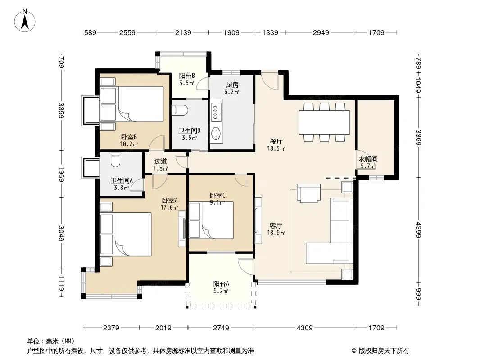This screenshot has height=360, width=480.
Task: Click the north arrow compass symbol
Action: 25,20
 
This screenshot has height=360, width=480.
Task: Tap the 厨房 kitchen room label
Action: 232,85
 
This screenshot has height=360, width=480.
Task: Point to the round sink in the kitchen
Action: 216,133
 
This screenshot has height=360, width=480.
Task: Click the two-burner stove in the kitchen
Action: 215,112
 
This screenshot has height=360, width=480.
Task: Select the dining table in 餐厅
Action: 324,122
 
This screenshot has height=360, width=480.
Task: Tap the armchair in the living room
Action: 309,193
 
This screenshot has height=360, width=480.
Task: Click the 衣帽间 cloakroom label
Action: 368,159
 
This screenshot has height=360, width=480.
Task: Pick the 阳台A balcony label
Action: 221,283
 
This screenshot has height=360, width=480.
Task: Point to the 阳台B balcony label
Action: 187,76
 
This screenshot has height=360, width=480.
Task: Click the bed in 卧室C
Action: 211,220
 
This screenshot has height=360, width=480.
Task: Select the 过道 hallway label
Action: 160,161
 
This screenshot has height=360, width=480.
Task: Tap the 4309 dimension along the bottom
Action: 304,328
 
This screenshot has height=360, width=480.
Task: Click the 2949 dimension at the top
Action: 321,32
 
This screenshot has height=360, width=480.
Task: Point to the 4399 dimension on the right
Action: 418,229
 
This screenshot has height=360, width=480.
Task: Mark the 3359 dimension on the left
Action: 62,111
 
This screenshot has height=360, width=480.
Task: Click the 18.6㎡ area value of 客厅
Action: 276,233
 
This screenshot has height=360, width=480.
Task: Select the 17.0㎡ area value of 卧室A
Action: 169,207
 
